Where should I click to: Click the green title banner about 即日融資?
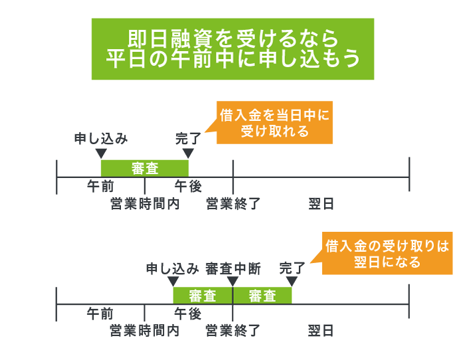[x=232, y=48]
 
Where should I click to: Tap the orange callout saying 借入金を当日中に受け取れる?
[x=274, y=123]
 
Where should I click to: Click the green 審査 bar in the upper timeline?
[x=145, y=168]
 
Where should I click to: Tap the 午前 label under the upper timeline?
[x=100, y=187]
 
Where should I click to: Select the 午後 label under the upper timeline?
[x=188, y=187]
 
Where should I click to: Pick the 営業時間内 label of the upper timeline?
[x=145, y=204]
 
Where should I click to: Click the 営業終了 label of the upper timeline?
[x=232, y=204]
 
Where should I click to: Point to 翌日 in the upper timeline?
[x=321, y=204]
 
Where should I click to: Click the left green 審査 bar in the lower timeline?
[x=203, y=296]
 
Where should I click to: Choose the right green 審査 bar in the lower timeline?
[x=262, y=296]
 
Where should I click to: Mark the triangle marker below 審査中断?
[x=232, y=282]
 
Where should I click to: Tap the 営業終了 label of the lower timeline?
[x=232, y=330]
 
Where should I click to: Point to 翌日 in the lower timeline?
[x=321, y=330]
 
